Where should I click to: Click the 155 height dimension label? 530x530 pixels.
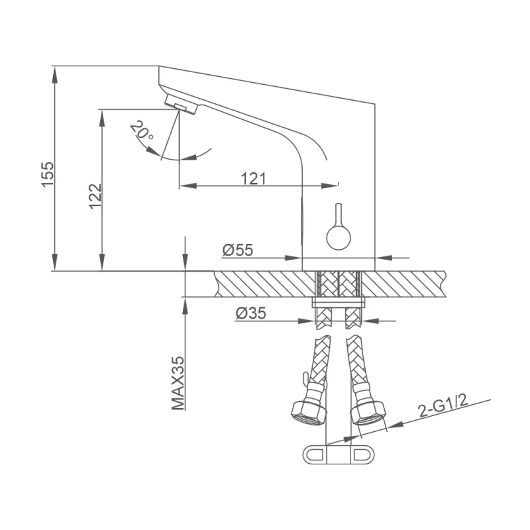click(48, 174)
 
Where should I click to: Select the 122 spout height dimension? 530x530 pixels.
click(95, 196)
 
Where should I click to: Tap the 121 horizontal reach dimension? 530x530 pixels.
click(254, 178)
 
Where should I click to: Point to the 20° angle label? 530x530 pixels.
click(142, 130)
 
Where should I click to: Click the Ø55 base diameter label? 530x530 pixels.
click(238, 250)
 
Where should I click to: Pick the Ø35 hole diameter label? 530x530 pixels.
click(251, 313)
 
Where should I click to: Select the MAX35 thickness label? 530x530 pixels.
click(178, 383)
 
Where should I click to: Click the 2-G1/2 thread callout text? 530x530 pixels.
click(443, 405)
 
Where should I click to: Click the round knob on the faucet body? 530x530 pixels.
click(339, 238)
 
